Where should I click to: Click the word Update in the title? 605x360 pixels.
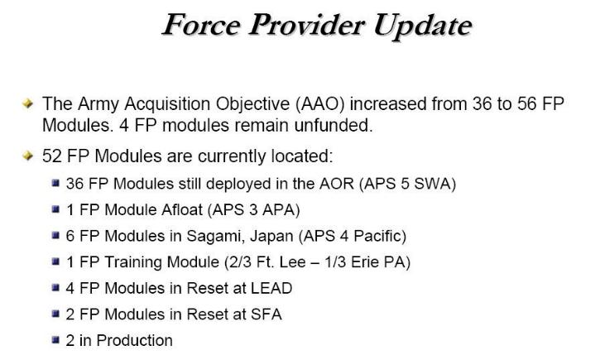(x=422, y=26)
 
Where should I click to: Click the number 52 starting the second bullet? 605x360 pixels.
(x=52, y=156)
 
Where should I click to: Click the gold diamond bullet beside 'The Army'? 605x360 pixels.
(x=28, y=103)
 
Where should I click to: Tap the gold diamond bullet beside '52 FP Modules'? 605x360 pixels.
(x=28, y=156)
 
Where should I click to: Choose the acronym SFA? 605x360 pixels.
(x=266, y=314)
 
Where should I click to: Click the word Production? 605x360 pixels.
(x=134, y=340)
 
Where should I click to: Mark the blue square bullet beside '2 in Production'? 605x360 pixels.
(x=55, y=340)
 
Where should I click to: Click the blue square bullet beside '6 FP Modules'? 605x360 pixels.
(x=55, y=235)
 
